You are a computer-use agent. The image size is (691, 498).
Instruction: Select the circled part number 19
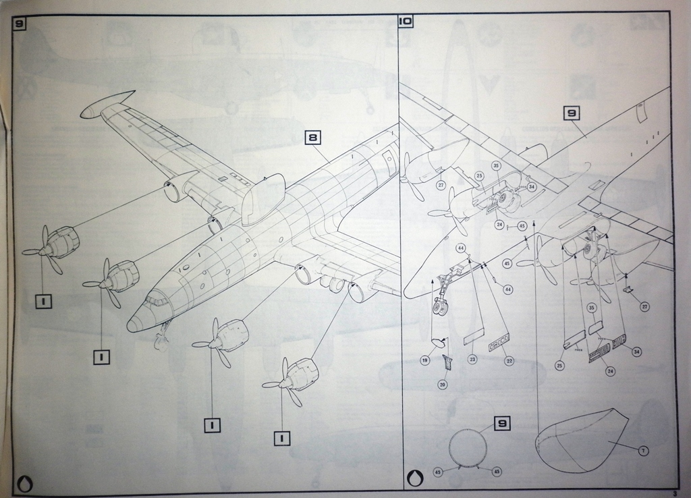(x=425, y=361)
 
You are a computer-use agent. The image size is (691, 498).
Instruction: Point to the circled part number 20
(x=443, y=385)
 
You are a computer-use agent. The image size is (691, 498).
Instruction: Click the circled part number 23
(x=472, y=360)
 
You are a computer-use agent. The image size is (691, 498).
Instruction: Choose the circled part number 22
(x=509, y=361)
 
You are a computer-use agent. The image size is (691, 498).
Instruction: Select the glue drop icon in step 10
(x=414, y=477)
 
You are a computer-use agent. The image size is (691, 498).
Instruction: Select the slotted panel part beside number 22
(x=499, y=337)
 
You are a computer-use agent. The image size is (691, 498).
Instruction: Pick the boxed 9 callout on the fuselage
(x=572, y=113)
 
